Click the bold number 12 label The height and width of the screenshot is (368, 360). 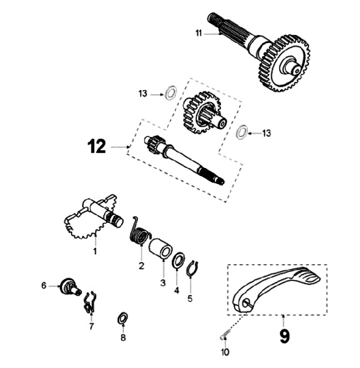tap(96, 146)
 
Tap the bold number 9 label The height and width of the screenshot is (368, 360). tap(284, 335)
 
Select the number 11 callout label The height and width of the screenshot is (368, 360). tap(198, 33)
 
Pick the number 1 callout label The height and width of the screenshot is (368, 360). tap(95, 251)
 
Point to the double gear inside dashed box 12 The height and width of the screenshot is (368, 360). tap(202, 111)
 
